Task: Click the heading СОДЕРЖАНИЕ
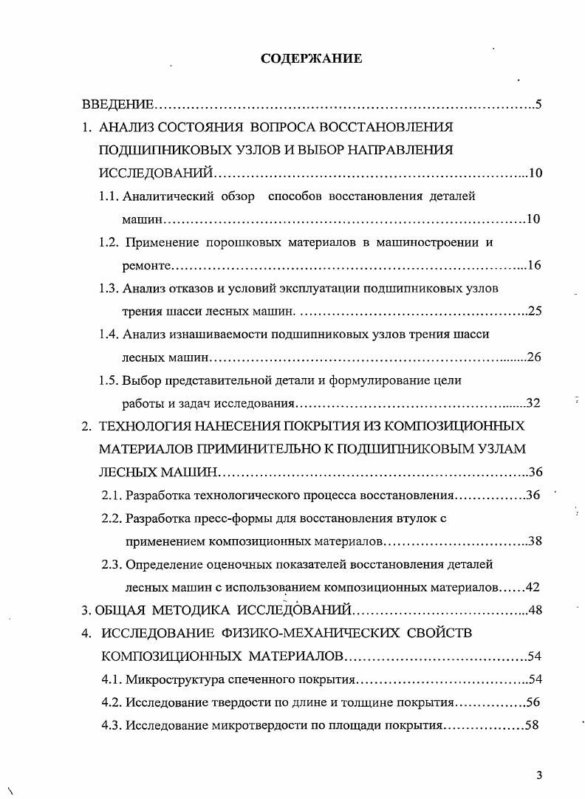[311, 58]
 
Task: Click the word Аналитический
[167, 196]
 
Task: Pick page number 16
[535, 265]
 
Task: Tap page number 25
[536, 311]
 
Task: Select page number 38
[536, 541]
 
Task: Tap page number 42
[534, 588]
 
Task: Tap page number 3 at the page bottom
[539, 775]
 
